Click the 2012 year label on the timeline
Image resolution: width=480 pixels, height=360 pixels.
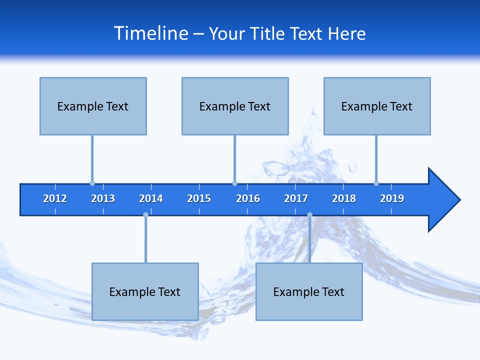click(55, 198)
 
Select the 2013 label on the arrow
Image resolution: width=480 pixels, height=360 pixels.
click(103, 198)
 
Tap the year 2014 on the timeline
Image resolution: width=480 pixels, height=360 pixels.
click(151, 198)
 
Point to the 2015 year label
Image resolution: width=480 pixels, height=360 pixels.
click(199, 198)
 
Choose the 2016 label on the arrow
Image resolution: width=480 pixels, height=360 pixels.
click(248, 198)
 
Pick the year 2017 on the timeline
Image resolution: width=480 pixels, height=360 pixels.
click(296, 198)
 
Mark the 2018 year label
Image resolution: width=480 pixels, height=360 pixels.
click(344, 198)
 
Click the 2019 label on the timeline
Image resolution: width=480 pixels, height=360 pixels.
click(392, 198)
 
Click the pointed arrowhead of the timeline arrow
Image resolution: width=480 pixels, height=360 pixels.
click(445, 200)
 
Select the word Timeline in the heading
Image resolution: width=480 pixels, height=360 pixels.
click(150, 33)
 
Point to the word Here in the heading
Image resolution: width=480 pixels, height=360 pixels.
click(346, 33)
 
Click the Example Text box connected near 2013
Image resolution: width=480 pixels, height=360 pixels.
click(93, 106)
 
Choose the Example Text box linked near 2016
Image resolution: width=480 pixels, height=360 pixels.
click(235, 106)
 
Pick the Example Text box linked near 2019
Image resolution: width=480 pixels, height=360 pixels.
click(377, 106)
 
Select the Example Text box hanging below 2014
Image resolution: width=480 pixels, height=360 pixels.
click(145, 291)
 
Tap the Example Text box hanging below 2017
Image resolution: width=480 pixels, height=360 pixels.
click(309, 291)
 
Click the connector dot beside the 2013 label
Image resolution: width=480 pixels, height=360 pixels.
click(92, 183)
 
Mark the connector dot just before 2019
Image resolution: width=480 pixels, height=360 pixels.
click(376, 183)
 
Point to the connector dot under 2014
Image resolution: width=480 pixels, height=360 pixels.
click(145, 215)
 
